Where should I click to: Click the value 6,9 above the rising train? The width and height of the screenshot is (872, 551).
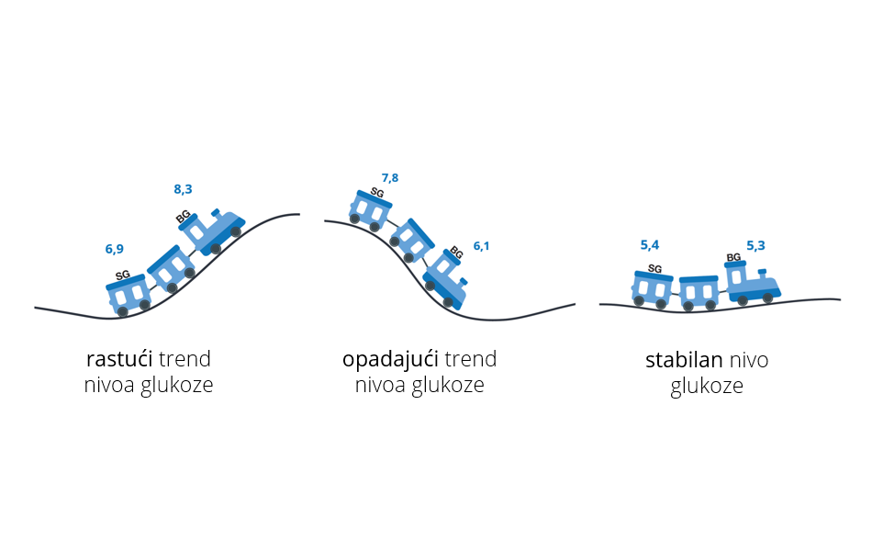click(114, 249)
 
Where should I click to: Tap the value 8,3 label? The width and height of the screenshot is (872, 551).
click(183, 189)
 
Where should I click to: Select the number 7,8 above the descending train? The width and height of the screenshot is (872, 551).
click(390, 178)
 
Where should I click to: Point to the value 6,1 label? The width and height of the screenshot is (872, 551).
click(482, 246)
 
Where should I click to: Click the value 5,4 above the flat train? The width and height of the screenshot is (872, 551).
click(650, 245)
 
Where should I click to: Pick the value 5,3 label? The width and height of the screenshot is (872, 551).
click(755, 245)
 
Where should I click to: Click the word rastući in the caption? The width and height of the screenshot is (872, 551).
click(119, 358)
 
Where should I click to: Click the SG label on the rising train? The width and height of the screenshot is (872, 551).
click(123, 275)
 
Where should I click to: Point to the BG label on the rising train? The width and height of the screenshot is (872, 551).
click(184, 218)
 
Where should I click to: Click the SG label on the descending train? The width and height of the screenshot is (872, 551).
click(376, 193)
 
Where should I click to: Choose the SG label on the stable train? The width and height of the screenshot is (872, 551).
click(654, 269)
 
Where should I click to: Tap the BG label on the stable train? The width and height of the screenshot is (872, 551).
click(733, 258)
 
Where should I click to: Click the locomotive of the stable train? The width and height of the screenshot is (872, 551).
click(750, 283)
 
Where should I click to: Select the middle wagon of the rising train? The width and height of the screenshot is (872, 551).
click(172, 268)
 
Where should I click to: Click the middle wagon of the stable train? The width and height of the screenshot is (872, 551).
click(699, 291)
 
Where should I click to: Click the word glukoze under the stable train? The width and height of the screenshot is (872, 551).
click(706, 387)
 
